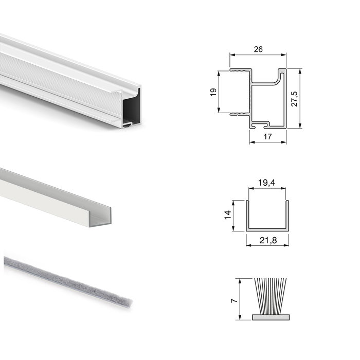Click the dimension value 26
[258, 49]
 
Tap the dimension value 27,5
[294, 98]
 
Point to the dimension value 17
[268, 136]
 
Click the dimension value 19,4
[267, 183]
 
